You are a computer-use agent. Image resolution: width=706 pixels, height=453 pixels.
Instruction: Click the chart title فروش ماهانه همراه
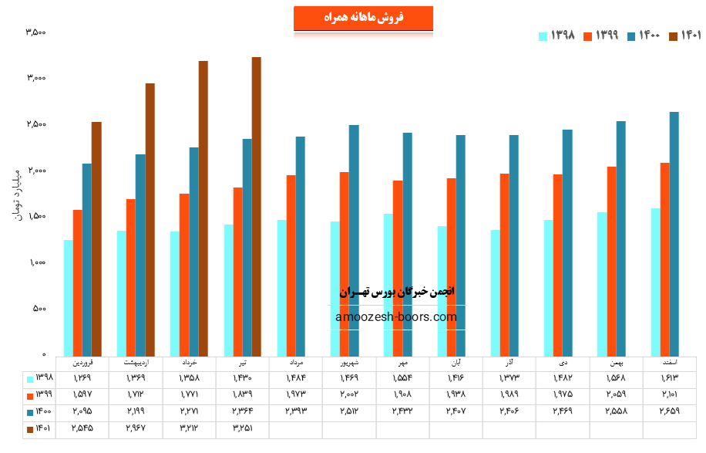[363, 18]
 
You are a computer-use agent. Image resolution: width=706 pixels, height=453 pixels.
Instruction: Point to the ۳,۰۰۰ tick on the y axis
[36, 78]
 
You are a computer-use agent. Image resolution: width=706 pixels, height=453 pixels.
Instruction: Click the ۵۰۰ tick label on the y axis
[39, 309]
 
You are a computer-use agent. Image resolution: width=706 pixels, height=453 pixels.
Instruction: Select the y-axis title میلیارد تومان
[16, 193]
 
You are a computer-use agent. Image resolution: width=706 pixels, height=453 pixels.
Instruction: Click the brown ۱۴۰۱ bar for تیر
[257, 205]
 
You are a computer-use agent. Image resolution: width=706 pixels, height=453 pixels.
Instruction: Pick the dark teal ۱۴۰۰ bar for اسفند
[674, 233]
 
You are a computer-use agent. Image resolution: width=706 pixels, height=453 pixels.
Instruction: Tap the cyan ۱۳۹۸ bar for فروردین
[69, 297]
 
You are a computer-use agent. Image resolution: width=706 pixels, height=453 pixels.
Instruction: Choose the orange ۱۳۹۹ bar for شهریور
[344, 263]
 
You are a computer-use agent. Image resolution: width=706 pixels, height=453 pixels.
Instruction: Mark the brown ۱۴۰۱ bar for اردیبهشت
[150, 218]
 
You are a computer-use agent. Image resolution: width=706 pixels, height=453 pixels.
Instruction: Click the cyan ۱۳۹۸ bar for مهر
[388, 283]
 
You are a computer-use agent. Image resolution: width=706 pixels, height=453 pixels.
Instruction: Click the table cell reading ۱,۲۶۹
[82, 378]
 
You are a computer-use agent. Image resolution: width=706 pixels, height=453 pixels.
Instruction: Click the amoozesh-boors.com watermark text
[396, 316]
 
